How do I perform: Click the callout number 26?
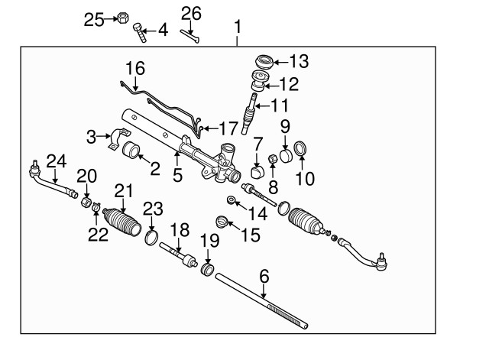(x=191, y=12)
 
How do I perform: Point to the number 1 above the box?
(x=238, y=28)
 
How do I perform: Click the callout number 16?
(x=134, y=68)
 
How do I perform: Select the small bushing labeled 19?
(x=206, y=269)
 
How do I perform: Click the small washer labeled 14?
(x=231, y=200)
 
